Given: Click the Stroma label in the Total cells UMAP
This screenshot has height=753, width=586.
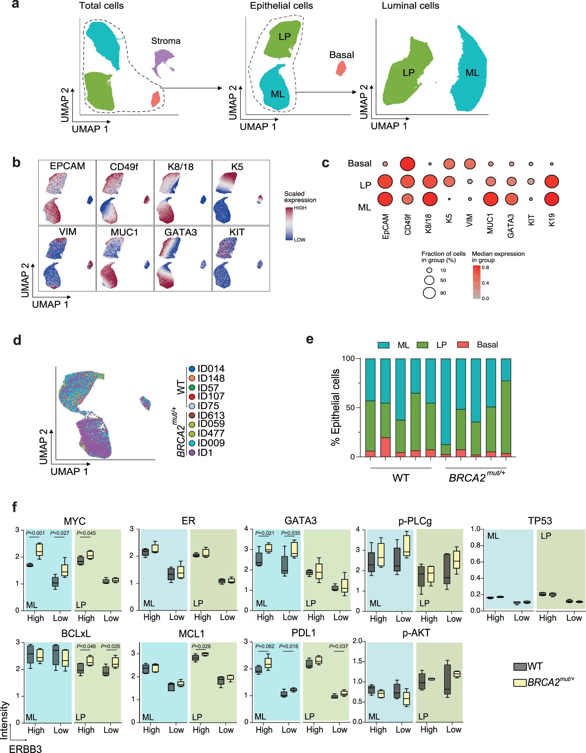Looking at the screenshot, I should pos(166,41).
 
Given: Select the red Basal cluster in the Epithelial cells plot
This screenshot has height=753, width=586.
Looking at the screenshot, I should pos(341,68).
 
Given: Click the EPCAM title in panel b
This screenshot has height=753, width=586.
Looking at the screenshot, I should pos(67,166).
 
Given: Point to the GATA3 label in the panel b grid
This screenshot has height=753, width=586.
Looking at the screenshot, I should pos(181,232).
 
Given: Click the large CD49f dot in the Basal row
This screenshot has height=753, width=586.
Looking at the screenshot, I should pos(407,164).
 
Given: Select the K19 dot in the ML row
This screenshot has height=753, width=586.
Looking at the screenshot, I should pos(551,199).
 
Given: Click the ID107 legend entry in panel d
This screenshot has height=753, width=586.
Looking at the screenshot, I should pos(211,396).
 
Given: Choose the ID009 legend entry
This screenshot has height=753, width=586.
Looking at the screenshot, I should pos(211,443).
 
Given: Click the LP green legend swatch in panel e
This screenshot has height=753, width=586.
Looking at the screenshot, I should pos(422,345).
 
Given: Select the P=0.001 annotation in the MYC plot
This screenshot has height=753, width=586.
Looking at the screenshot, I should pos(35,533).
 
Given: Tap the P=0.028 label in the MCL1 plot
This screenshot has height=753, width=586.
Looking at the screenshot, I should pos(201,646).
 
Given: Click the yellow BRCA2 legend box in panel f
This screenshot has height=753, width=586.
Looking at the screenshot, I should pos(520,682).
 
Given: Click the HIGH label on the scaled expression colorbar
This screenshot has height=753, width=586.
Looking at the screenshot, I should pos(300,208).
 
